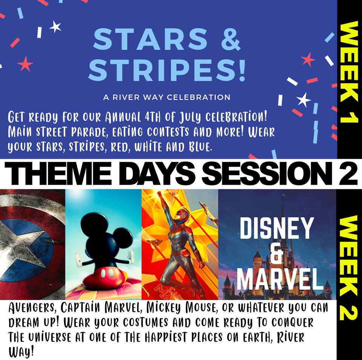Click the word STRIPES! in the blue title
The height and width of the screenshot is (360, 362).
point(166,69)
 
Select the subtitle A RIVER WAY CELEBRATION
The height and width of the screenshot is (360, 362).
point(167,97)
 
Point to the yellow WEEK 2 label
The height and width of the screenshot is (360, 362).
point(349,268)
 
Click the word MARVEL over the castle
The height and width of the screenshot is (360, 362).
point(280,279)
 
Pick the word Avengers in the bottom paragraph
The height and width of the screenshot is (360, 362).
point(32,308)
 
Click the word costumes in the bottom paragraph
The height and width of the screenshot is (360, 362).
point(146,323)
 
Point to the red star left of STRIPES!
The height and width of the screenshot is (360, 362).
point(25,64)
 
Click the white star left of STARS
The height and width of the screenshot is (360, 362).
point(55,27)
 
